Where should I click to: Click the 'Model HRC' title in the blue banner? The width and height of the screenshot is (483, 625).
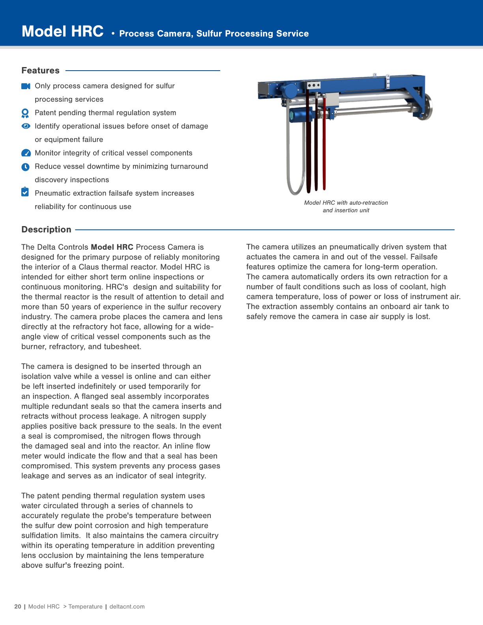tap(62, 31)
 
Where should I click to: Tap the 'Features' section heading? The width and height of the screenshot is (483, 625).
tap(40, 71)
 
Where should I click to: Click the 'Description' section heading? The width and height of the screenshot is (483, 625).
tap(46, 230)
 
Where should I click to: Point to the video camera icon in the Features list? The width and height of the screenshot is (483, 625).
tap(26, 86)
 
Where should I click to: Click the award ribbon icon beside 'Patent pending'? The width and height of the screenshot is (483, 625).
tap(25, 113)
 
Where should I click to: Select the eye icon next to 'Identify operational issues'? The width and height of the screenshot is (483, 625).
tap(26, 126)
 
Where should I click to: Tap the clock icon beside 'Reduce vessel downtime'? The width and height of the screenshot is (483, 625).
tap(25, 167)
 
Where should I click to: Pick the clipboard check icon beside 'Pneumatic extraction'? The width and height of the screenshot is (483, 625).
tap(25, 192)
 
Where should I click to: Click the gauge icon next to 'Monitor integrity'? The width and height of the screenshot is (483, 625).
tap(26, 153)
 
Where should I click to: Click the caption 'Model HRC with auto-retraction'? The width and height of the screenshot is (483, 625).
tap(346, 203)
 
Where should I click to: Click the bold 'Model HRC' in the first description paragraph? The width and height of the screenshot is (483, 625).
tap(112, 247)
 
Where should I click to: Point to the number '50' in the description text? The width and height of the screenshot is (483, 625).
tap(64, 307)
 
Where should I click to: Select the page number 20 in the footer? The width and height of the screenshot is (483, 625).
tap(18, 606)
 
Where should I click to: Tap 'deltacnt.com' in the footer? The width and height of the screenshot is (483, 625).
tap(127, 606)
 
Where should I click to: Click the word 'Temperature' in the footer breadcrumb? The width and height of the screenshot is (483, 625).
tap(85, 606)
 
